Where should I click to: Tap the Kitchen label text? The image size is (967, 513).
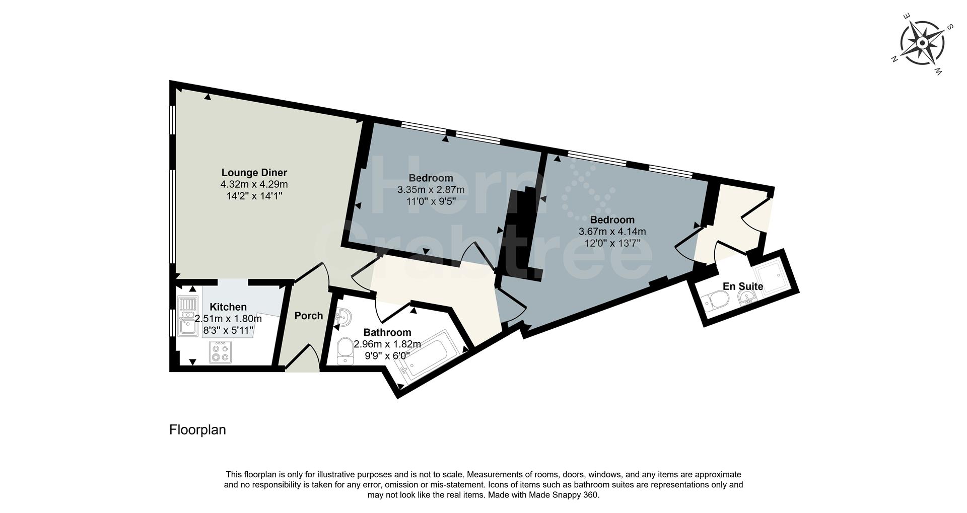click(x=228, y=307)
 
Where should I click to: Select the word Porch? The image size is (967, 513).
click(x=308, y=316)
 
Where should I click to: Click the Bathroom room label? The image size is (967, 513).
click(x=387, y=332)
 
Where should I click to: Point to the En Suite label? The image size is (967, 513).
click(x=743, y=286)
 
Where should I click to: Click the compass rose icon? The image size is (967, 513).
click(x=922, y=43)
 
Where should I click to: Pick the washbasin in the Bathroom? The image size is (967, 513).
click(x=344, y=318)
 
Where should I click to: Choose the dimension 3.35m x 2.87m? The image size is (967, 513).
click(x=431, y=190)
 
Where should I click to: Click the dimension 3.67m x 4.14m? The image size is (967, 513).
click(x=612, y=232)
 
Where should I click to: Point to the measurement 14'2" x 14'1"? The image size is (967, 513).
click(x=254, y=196)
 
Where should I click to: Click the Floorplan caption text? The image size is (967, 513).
click(x=197, y=430)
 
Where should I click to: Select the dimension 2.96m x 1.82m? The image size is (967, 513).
click(x=387, y=344)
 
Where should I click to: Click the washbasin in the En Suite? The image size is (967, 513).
click(x=745, y=300)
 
